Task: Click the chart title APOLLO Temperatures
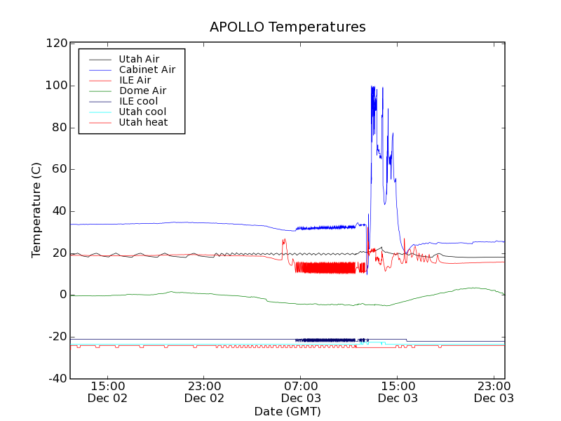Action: tap(288, 27)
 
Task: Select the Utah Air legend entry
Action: tap(138, 59)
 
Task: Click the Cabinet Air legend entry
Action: tap(147, 69)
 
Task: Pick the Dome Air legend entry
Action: tap(142, 91)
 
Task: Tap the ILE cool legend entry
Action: tap(138, 101)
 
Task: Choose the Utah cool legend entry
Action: tap(142, 112)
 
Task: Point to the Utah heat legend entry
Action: tap(142, 122)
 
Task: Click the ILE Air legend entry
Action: tap(135, 80)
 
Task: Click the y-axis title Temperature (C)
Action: tap(36, 210)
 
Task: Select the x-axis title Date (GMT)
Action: tap(288, 411)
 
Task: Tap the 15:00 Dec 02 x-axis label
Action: tap(108, 392)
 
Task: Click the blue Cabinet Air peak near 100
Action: tap(372, 87)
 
